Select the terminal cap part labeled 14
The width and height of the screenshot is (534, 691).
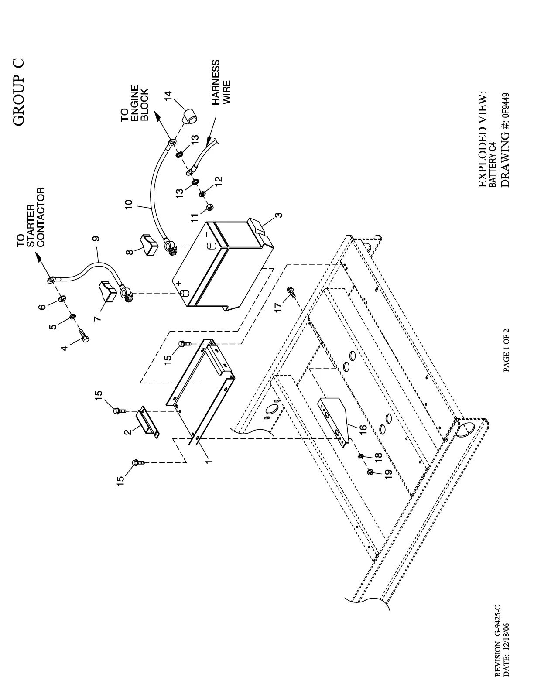coord(189,117)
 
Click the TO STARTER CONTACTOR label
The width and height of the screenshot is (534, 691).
coord(31,218)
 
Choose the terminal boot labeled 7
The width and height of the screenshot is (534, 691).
coord(107,291)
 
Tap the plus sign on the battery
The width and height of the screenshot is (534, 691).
coord(179,284)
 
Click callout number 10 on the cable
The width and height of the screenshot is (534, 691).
coord(128,205)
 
